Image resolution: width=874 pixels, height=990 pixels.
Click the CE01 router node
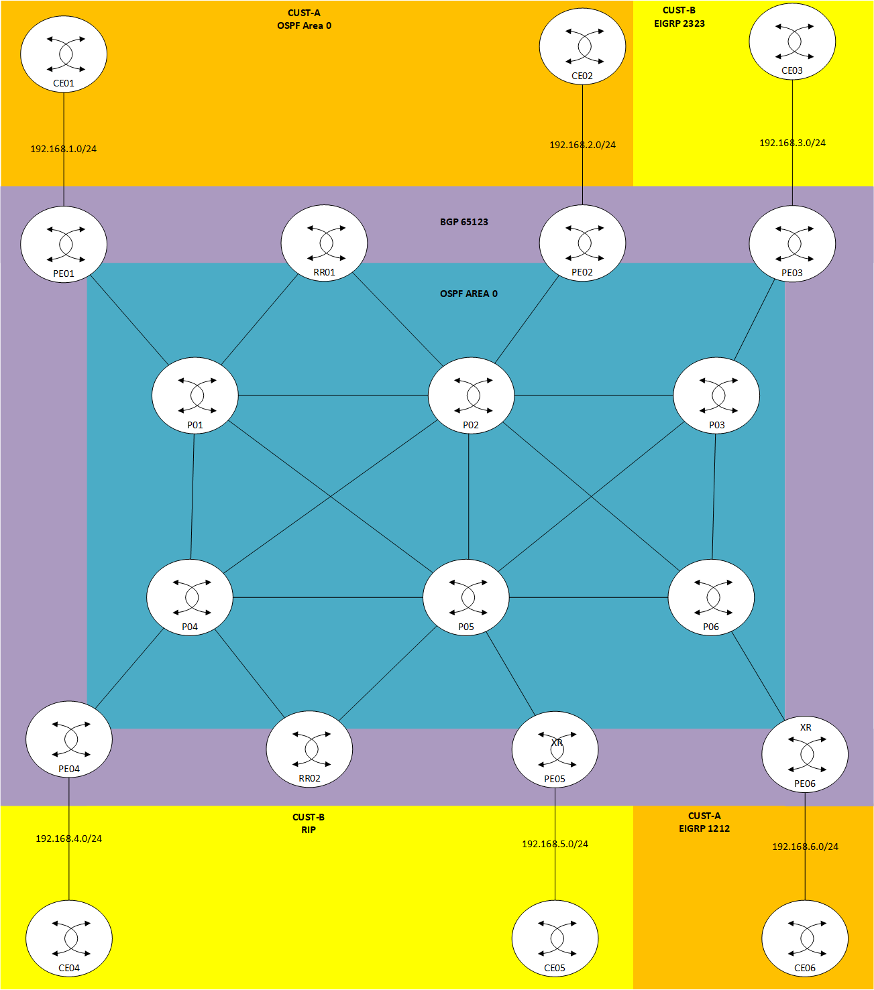[x=64, y=54]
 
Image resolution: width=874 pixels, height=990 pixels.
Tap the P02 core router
[x=471, y=395]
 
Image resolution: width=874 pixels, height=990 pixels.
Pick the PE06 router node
[x=805, y=754]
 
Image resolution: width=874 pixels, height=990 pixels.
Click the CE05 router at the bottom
[x=555, y=938]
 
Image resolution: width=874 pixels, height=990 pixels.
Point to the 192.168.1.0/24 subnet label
[x=63, y=149]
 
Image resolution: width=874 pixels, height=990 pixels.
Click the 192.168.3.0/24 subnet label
[x=792, y=143]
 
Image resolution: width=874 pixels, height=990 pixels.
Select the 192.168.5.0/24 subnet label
[x=555, y=844]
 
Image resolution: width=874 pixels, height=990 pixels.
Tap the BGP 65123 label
[x=464, y=222]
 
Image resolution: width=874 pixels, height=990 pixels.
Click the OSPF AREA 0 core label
[x=469, y=294]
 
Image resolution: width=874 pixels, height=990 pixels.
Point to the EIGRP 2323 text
[x=679, y=23]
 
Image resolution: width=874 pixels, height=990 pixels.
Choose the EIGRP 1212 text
[x=704, y=828]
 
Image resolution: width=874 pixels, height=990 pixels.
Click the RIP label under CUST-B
[x=309, y=830]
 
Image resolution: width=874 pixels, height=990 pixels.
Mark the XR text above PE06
[x=806, y=727]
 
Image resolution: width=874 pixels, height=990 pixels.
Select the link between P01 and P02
[x=333, y=395]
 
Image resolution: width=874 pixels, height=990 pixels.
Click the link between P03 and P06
[x=714, y=497]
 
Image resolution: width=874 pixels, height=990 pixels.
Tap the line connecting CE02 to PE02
[x=582, y=174]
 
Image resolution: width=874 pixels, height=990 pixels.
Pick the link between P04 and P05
[x=327, y=597]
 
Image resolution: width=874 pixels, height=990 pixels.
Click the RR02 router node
[x=309, y=749]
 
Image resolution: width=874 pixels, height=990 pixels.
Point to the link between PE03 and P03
[x=755, y=320]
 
